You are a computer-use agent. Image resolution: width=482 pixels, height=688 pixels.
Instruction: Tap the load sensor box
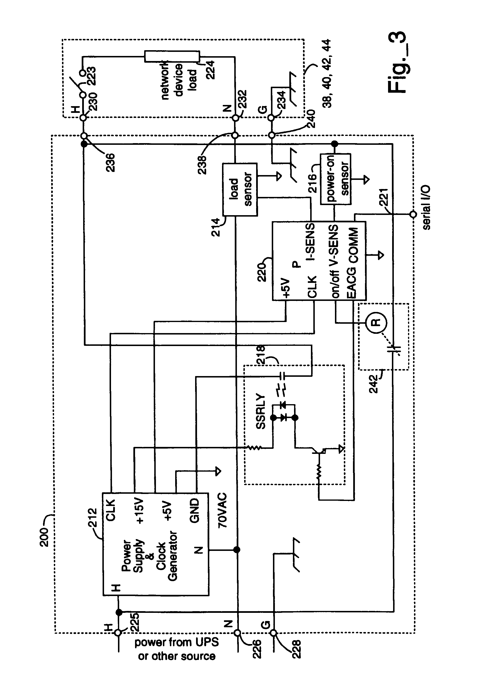coord(240,189)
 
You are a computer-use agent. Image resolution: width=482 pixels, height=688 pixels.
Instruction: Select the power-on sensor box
coord(335,179)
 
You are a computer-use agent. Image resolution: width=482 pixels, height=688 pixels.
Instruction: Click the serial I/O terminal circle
coord(413,214)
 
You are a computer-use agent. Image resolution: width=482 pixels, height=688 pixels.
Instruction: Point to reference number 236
coord(110,162)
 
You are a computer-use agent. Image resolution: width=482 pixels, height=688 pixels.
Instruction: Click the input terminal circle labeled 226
coord(237,633)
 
